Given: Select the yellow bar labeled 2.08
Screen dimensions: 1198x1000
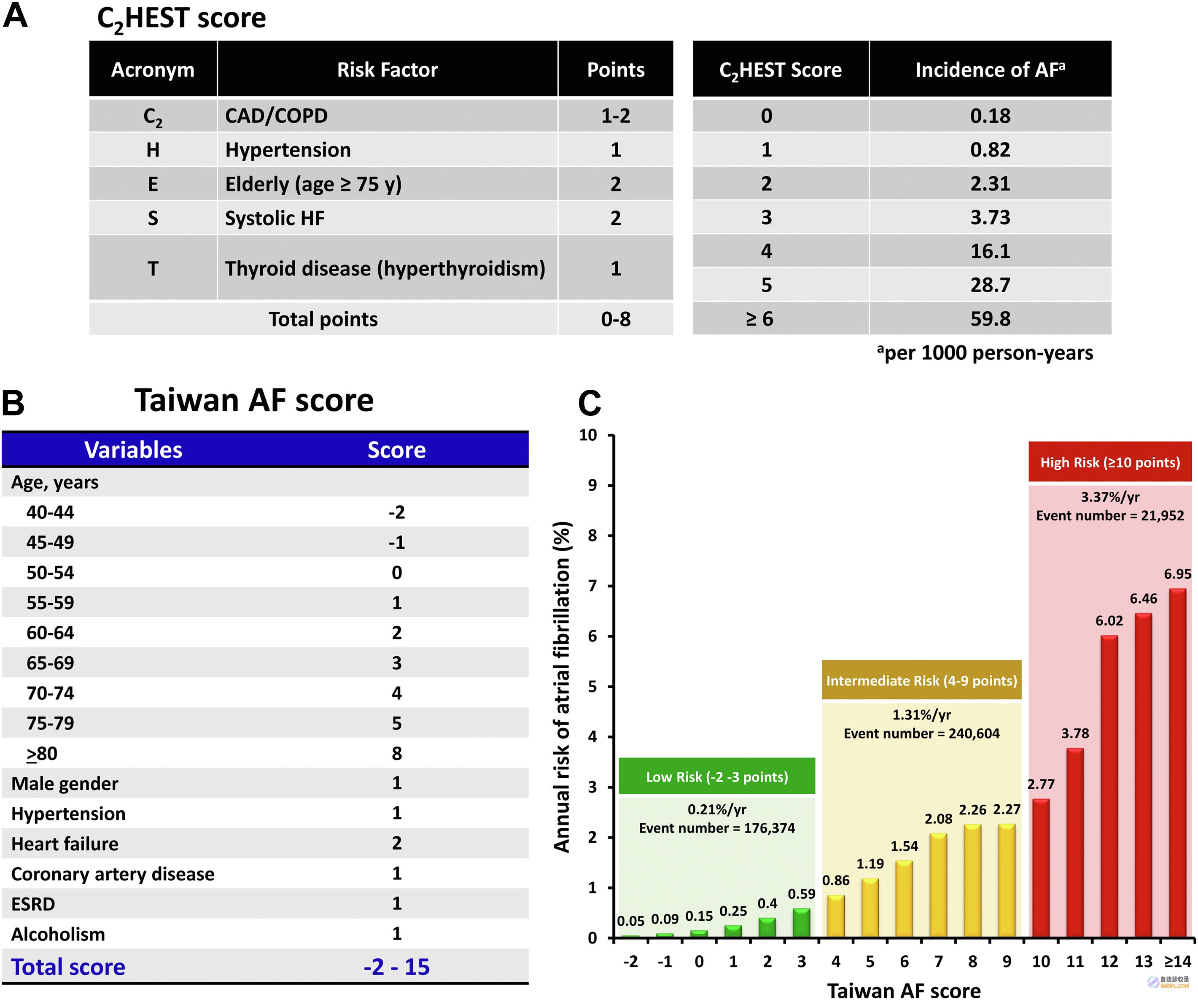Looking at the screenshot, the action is click(x=938, y=885).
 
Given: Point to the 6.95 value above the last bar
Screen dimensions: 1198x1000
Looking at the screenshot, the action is click(x=1177, y=574).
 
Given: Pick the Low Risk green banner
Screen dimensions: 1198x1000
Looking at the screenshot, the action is click(x=717, y=776).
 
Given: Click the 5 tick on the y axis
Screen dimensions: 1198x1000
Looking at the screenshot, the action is click(x=593, y=686).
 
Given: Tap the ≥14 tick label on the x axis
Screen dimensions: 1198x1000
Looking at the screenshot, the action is click(x=1177, y=962).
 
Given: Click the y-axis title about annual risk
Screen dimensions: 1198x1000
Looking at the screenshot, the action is click(x=562, y=686).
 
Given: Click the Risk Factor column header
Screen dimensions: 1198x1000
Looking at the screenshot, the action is click(x=388, y=70).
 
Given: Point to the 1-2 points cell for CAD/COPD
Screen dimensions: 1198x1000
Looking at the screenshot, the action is click(x=616, y=116).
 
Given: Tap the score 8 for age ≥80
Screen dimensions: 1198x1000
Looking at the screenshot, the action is click(x=396, y=753).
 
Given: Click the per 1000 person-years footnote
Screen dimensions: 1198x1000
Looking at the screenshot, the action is click(x=985, y=353).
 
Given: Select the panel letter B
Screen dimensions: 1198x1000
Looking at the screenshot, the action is click(x=13, y=403).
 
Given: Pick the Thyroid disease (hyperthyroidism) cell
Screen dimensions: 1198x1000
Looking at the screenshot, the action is click(x=385, y=268).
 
